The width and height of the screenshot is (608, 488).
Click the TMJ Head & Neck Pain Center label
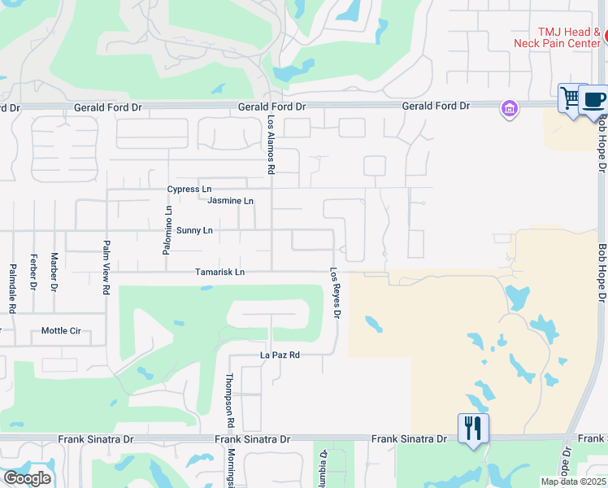(x=558, y=37)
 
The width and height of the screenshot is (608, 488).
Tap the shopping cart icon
(x=571, y=98)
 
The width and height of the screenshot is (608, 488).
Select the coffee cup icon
(x=594, y=100)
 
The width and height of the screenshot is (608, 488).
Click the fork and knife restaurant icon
(x=473, y=428)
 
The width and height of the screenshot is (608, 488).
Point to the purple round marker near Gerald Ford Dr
(x=510, y=108)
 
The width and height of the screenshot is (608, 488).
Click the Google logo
(x=27, y=478)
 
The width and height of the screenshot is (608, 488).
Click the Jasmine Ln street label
(x=230, y=201)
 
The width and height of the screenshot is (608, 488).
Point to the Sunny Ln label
(x=194, y=230)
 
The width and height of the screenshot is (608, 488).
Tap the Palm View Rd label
(x=106, y=266)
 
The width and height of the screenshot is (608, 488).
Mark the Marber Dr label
(x=54, y=271)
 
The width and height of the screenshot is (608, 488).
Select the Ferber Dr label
(x=33, y=272)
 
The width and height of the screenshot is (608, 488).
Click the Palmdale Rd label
(x=13, y=288)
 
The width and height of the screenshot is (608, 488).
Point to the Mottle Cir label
(x=61, y=331)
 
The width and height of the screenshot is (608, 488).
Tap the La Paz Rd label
(x=280, y=355)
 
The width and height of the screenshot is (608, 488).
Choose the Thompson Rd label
(x=230, y=401)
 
